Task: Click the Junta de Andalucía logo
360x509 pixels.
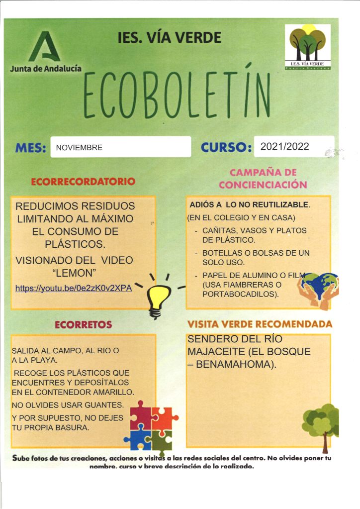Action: [45, 52]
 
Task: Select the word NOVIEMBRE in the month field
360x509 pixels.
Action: [80, 148]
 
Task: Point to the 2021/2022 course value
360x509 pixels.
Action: [285, 146]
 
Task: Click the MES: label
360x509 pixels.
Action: [31, 148]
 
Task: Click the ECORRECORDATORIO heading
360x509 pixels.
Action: [83, 182]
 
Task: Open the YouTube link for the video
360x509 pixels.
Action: [74, 288]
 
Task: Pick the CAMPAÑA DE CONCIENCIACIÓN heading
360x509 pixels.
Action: [263, 179]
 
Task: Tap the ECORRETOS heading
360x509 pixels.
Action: [83, 325]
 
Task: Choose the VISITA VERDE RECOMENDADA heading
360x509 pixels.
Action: [260, 324]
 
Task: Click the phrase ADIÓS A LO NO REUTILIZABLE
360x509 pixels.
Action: [249, 205]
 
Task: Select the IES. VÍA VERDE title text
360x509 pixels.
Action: [170, 38]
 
